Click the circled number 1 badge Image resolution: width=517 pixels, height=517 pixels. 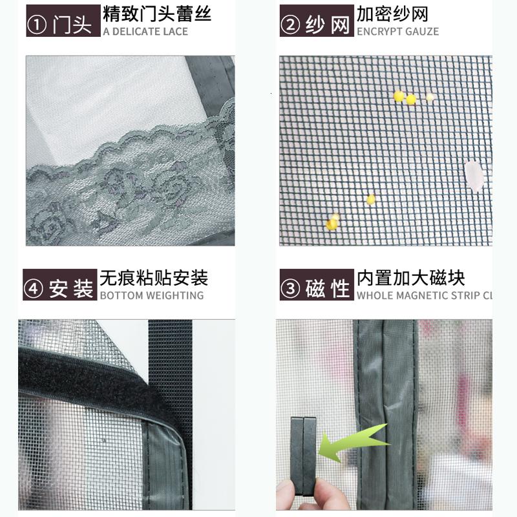click(x=37, y=25)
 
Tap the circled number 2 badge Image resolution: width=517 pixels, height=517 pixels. click(x=290, y=25)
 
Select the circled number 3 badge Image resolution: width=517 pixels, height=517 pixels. click(x=290, y=289)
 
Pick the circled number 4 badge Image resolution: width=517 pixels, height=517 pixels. click(x=34, y=289)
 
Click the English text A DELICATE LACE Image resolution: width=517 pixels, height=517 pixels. click(x=145, y=32)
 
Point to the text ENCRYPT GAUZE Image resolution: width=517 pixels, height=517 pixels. click(x=397, y=32)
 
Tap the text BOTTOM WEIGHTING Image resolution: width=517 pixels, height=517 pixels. click(x=152, y=295)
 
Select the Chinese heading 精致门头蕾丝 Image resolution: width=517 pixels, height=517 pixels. click(x=156, y=14)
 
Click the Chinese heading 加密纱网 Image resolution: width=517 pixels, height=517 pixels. click(x=392, y=14)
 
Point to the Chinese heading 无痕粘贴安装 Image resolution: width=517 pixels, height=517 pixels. click(x=154, y=278)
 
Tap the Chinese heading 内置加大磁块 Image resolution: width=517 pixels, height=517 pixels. click(x=411, y=278)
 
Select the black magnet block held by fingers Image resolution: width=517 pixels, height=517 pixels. click(x=303, y=456)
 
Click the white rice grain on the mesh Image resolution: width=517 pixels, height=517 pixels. click(x=473, y=176)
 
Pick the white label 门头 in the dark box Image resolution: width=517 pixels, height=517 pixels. click(x=72, y=25)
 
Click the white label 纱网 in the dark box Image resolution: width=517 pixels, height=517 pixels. click(x=327, y=25)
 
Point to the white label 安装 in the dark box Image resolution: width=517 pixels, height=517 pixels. click(x=71, y=289)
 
